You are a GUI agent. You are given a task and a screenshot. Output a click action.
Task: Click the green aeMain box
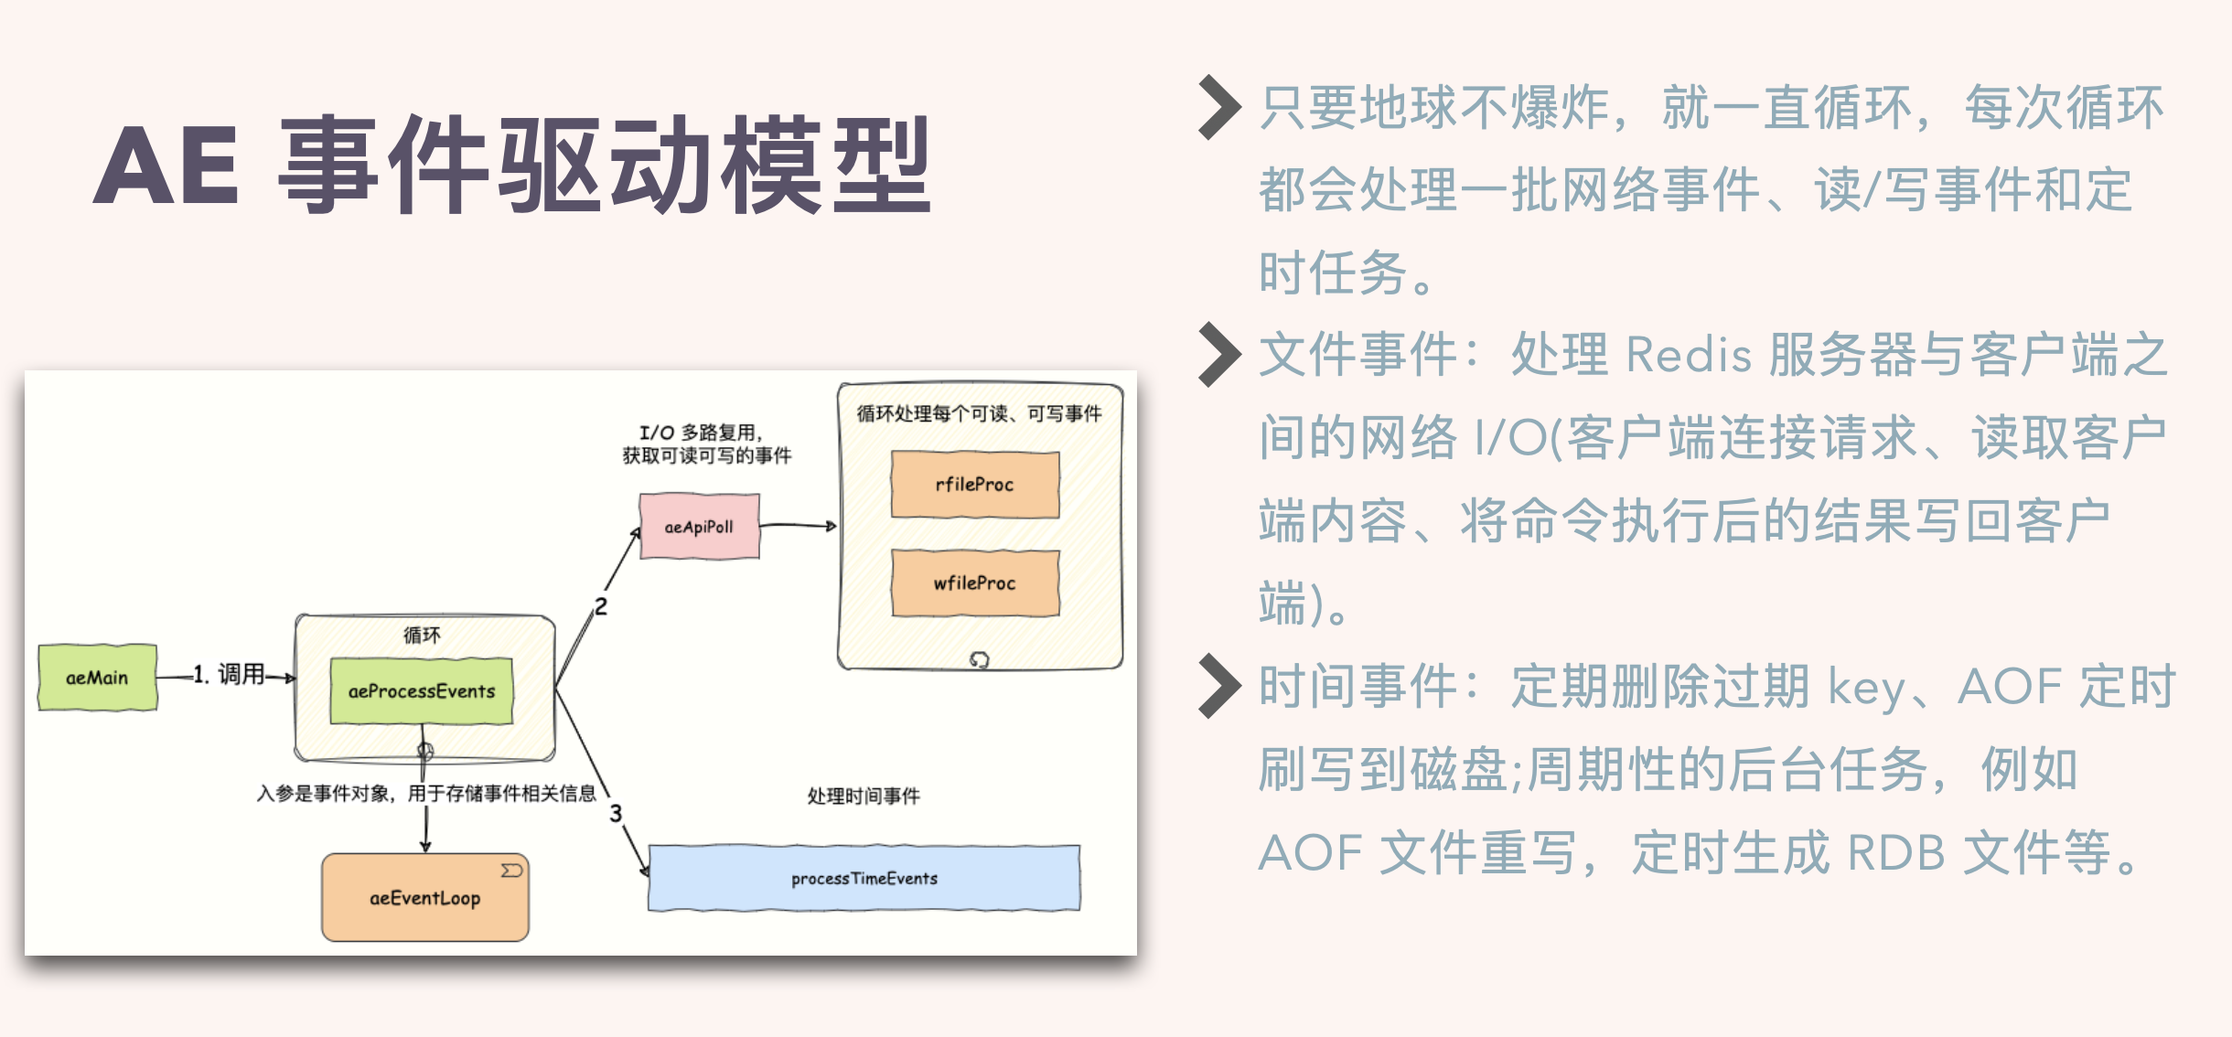point(97,678)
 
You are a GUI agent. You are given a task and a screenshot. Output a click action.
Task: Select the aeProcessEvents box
point(421,691)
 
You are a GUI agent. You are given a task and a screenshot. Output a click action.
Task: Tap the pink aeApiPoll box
point(699,527)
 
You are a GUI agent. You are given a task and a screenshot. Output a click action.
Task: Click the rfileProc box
point(975,485)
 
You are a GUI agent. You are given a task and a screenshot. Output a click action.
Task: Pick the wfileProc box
point(975,583)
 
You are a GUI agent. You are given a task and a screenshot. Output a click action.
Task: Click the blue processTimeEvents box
point(864,878)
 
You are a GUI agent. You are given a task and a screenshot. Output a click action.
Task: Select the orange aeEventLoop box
point(424,898)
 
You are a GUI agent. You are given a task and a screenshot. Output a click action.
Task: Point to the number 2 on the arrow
point(600,606)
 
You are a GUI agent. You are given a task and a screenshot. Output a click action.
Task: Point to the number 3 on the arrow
point(616,813)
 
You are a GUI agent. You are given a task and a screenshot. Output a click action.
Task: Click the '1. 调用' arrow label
point(229,675)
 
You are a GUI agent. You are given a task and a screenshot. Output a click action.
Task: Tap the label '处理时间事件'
point(864,796)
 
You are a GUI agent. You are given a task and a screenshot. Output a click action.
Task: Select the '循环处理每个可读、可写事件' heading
point(979,414)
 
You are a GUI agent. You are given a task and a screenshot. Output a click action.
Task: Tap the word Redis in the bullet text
point(1689,355)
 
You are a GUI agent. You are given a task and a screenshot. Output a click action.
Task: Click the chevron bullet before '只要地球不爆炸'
point(1219,107)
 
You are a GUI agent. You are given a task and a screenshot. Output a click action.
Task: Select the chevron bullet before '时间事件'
point(1219,686)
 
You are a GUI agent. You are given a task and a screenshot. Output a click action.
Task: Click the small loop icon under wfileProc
point(979,659)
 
